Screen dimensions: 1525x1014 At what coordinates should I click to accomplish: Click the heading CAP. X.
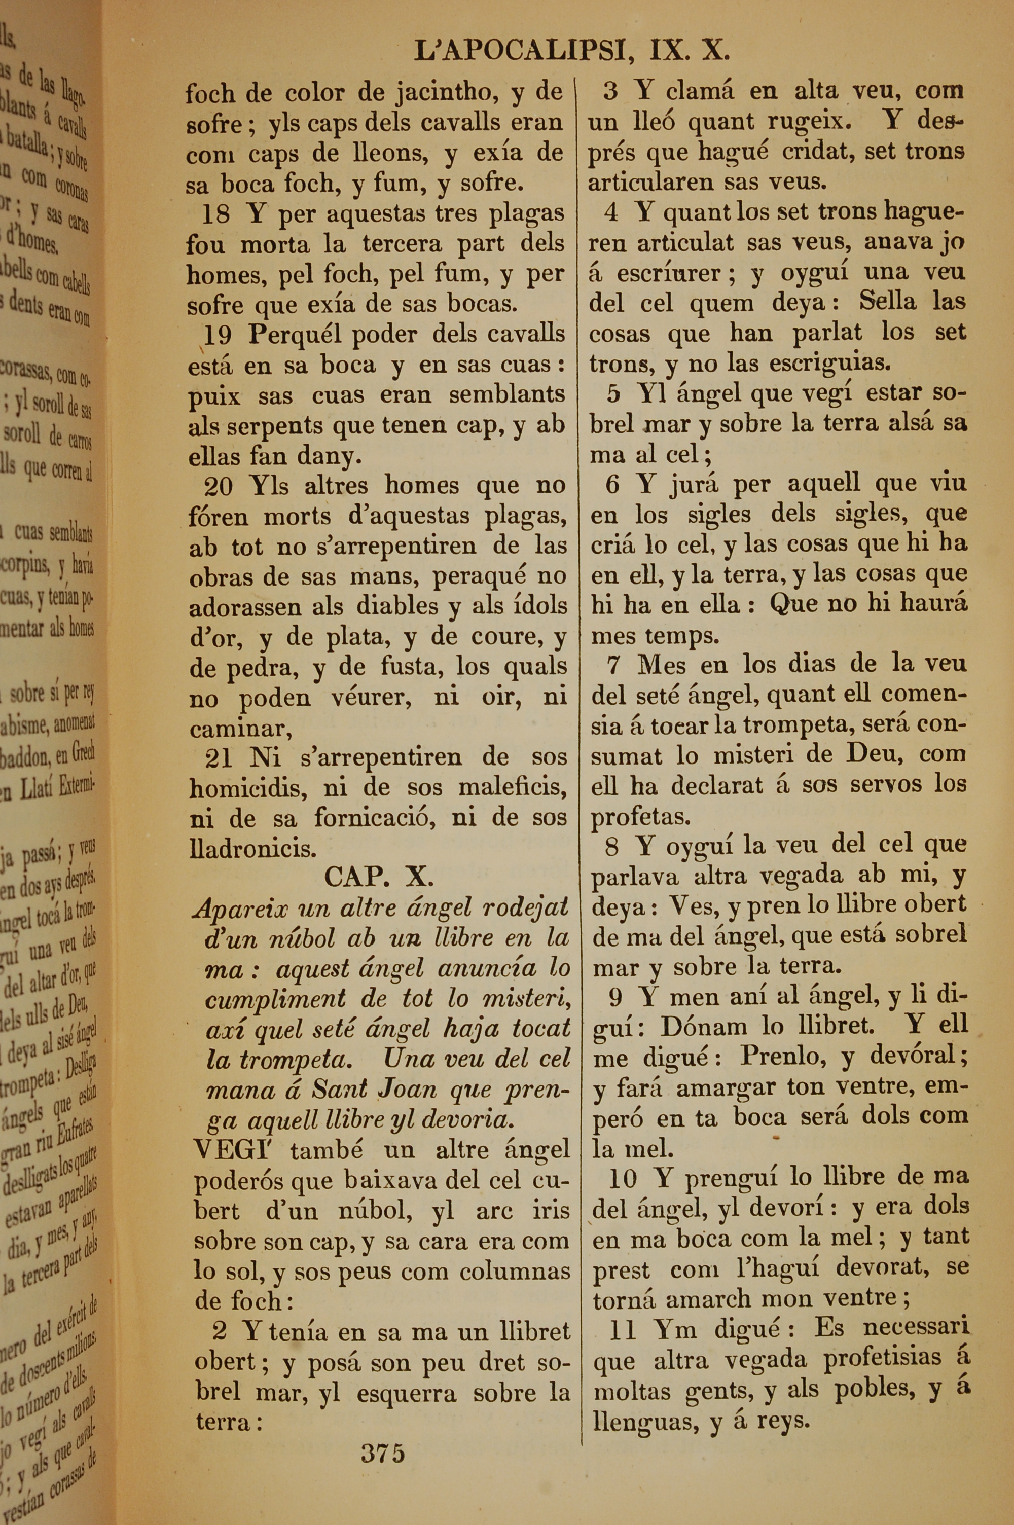click(x=378, y=877)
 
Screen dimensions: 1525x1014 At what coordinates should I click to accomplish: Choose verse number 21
click(x=218, y=757)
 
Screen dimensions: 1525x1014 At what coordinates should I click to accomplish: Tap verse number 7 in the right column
click(x=615, y=665)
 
